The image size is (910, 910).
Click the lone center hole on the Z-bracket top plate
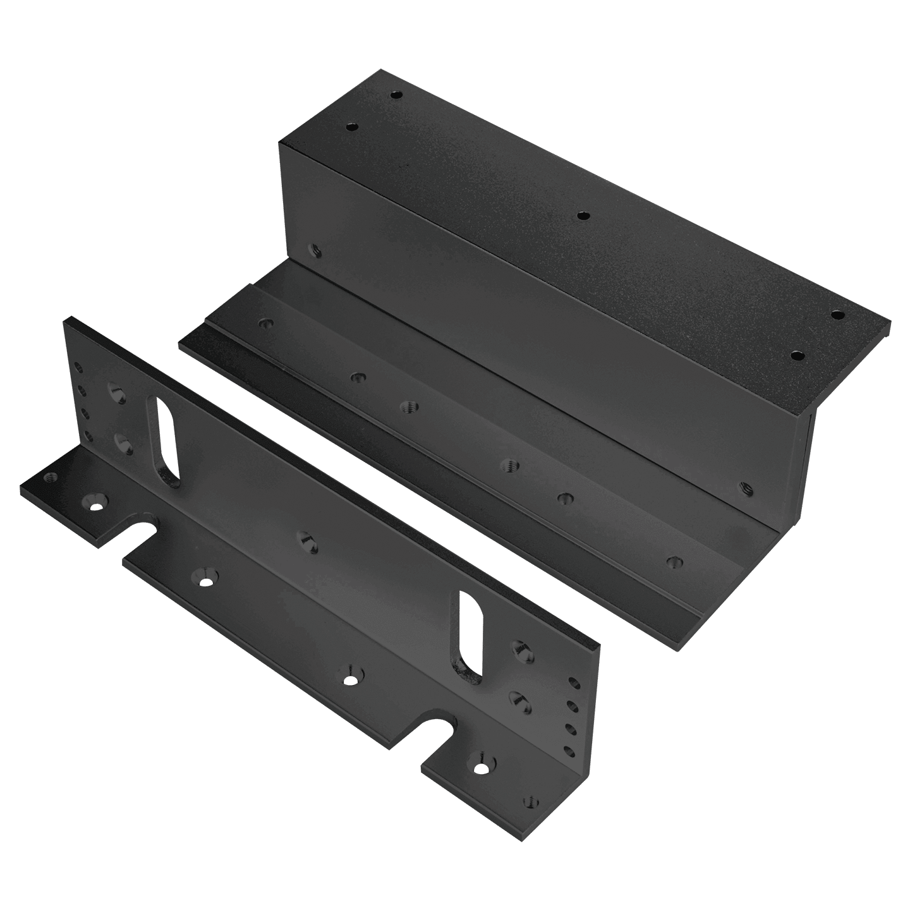pos(582,216)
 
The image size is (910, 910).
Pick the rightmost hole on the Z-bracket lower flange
pos(674,560)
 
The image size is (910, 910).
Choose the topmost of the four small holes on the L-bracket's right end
pos(574,682)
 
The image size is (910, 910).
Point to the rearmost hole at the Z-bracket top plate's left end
pos(396,95)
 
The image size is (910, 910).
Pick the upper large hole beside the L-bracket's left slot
pos(118,392)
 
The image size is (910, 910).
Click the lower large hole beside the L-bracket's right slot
pos(517,698)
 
